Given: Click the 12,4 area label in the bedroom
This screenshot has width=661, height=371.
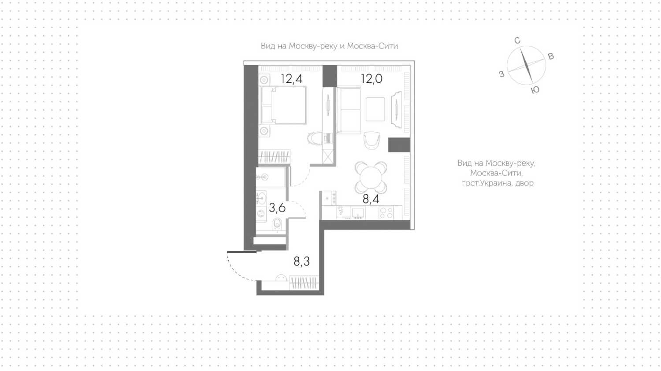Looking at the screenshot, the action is [x=292, y=79].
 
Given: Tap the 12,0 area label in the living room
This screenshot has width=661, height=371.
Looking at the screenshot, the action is [x=371, y=79].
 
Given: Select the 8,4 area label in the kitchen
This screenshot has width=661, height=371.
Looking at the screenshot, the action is [x=371, y=199].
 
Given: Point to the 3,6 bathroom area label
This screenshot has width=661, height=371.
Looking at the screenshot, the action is [x=277, y=208].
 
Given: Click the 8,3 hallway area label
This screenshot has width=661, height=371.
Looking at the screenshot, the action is [x=301, y=261].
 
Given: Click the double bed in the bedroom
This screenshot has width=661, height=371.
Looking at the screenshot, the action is [x=284, y=105].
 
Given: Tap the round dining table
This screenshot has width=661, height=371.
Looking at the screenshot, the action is [x=371, y=178].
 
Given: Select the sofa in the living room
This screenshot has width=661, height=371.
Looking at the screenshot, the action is [x=349, y=110].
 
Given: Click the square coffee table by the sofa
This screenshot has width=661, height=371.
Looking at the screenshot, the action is [x=375, y=109].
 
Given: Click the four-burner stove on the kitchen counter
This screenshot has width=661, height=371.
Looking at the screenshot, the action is [x=386, y=212].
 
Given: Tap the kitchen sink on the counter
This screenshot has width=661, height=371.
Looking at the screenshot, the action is [x=358, y=212].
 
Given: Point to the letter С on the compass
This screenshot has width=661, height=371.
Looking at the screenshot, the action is [x=517, y=41].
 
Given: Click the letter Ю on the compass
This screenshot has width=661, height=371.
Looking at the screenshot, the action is [x=535, y=90].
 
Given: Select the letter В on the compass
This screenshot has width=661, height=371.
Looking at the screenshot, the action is [x=551, y=56].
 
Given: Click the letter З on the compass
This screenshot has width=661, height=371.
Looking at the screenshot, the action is [x=501, y=74].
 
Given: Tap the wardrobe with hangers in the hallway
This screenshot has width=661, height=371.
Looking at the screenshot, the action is [x=304, y=283].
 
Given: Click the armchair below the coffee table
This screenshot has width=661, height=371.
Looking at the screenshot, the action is [x=372, y=141].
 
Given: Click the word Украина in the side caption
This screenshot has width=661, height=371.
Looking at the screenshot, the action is [x=497, y=183].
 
